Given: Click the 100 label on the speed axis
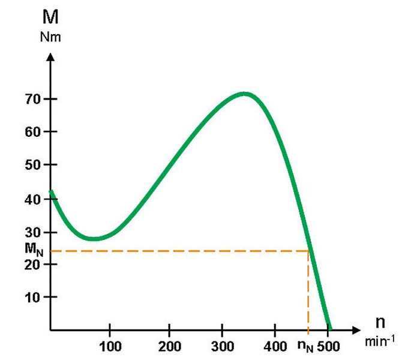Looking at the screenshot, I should coord(110,346).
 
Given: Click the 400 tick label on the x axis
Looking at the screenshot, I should coord(275,346).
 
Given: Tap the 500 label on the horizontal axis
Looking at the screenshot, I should coord(329,346).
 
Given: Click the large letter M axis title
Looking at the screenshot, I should coord(50,17).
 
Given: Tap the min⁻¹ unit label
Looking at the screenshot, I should coord(380,342).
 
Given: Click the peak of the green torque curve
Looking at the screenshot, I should coord(244,93).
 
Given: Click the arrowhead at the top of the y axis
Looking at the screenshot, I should coord(50,58).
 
